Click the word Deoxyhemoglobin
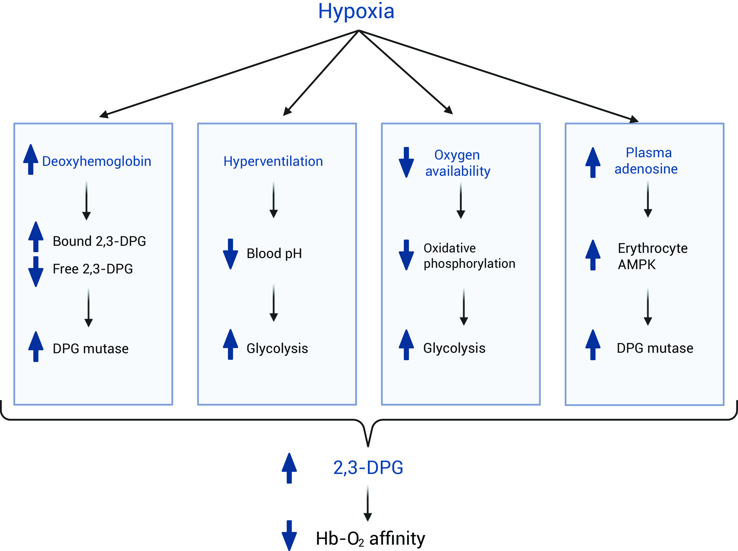point(97,162)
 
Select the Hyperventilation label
point(273,162)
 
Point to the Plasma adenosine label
point(646,161)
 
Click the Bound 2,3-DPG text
point(99,241)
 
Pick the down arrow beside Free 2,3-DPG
point(36,271)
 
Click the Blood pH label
point(274,254)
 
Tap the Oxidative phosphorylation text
point(469,256)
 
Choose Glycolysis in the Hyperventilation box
point(277,348)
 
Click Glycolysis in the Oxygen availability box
point(454,348)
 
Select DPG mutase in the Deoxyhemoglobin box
point(90,349)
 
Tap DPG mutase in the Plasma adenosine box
point(655,348)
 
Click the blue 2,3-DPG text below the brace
point(368,468)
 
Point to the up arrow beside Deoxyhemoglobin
point(31,159)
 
